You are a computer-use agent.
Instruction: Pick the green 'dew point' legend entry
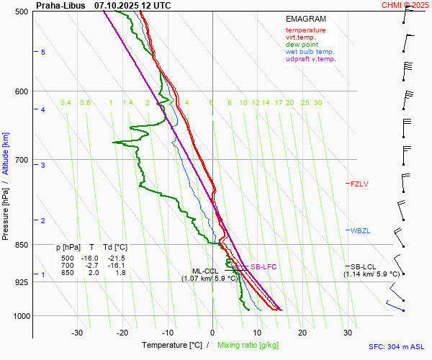(302, 45)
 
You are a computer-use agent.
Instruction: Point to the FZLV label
(359, 184)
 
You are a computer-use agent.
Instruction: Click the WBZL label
(360, 231)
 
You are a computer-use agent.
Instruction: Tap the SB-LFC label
(264, 267)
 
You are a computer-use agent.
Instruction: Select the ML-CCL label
(205, 271)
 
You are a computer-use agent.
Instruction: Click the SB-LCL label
(364, 266)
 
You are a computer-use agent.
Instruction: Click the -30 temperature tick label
(77, 333)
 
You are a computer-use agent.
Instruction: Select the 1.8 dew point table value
(120, 273)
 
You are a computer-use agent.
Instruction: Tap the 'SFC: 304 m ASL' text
(398, 346)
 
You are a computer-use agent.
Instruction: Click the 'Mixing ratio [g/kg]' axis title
(249, 346)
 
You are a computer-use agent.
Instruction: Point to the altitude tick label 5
(42, 53)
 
